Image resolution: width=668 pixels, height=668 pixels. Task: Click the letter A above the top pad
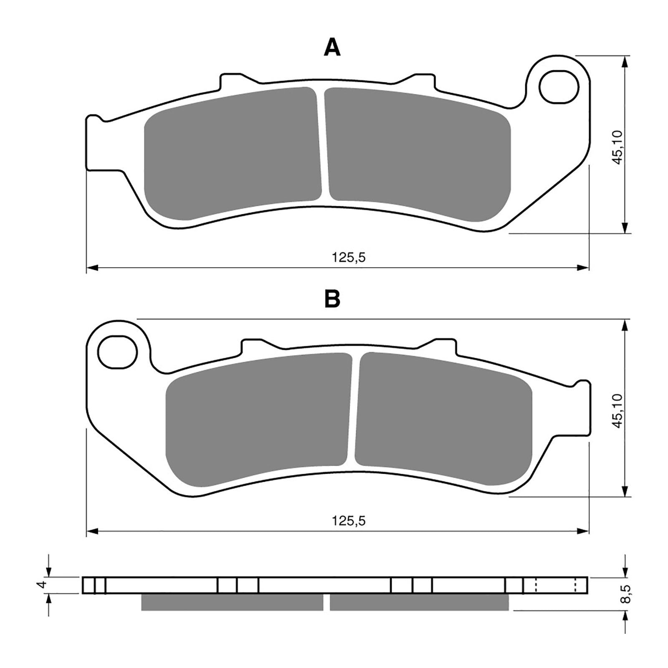(x=332, y=48)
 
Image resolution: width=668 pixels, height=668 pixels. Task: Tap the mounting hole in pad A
(x=559, y=87)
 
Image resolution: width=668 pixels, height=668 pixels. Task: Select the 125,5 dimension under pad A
(x=349, y=257)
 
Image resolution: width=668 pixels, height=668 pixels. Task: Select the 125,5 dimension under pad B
(x=349, y=521)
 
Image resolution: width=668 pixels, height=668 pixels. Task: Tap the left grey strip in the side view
(x=232, y=602)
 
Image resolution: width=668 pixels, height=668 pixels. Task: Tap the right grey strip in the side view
(x=419, y=602)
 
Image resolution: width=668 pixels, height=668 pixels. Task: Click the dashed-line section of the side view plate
(x=555, y=584)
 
